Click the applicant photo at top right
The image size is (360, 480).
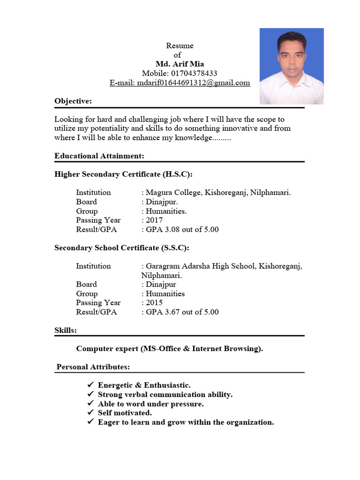(292, 66)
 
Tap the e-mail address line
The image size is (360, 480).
(180, 83)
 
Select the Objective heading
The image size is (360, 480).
(73, 101)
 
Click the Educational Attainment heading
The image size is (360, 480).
(99, 156)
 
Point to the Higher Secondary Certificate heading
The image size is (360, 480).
(123, 174)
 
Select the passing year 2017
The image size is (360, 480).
(154, 220)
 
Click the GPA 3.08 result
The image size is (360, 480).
(182, 230)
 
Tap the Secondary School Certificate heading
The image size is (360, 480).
(122, 247)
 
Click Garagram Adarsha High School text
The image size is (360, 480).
(200, 266)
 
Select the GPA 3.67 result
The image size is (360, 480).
(182, 312)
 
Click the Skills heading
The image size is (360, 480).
(66, 330)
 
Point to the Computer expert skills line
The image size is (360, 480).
(170, 349)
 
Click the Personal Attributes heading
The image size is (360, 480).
(93, 367)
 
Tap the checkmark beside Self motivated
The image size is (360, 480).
(91, 413)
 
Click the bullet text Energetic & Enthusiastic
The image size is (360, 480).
(144, 385)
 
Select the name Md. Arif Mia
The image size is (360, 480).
(180, 64)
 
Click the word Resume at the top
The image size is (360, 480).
(180, 46)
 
